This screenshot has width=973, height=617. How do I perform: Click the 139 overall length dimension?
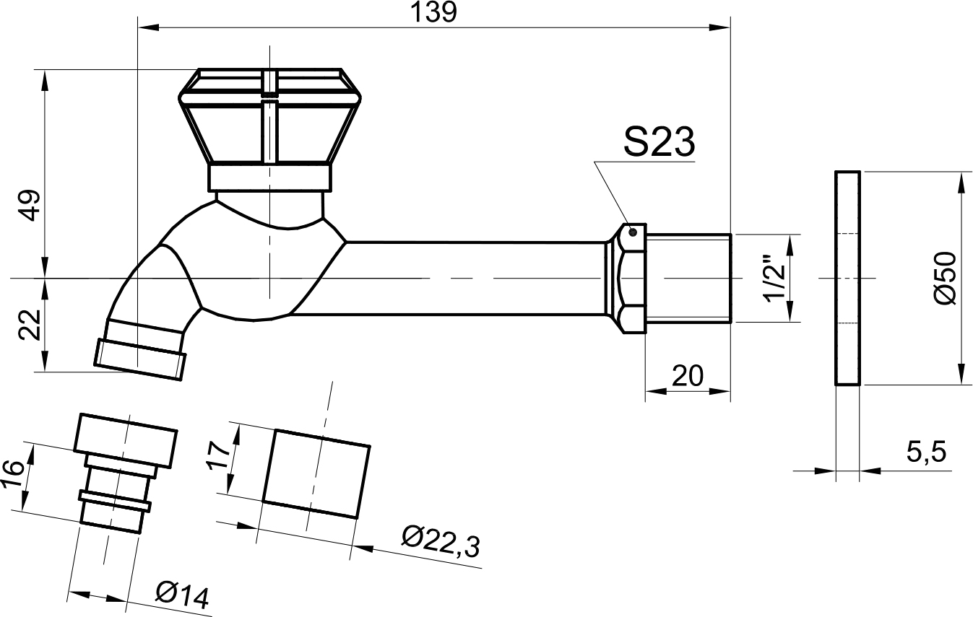pyautogui.click(x=433, y=12)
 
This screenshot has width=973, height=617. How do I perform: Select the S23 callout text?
pyautogui.click(x=659, y=142)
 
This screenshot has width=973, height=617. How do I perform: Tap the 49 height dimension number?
pyautogui.click(x=31, y=205)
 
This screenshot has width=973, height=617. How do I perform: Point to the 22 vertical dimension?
pyautogui.click(x=30, y=324)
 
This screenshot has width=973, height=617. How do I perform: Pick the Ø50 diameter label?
pyautogui.click(x=944, y=278)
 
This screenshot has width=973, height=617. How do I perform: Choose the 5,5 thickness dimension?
pyautogui.click(x=925, y=452)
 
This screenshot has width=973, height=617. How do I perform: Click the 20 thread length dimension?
pyautogui.click(x=687, y=376)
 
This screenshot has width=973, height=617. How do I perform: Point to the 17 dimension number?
pyautogui.click(x=218, y=455)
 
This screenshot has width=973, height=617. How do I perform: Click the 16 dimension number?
pyautogui.click(x=12, y=474)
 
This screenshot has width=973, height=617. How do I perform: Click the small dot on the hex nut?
pyautogui.click(x=633, y=232)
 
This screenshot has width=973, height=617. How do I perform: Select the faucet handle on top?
pyautogui.click(x=269, y=129)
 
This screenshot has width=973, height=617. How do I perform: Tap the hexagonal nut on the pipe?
pyautogui.click(x=626, y=278)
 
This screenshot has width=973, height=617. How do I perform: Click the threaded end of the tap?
pyautogui.click(x=688, y=278)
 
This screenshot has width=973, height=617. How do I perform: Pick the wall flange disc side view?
pyautogui.click(x=847, y=278)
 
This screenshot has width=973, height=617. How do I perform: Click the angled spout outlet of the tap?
pyautogui.click(x=141, y=350)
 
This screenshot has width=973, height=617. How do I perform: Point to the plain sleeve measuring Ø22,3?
pyautogui.click(x=316, y=474)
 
